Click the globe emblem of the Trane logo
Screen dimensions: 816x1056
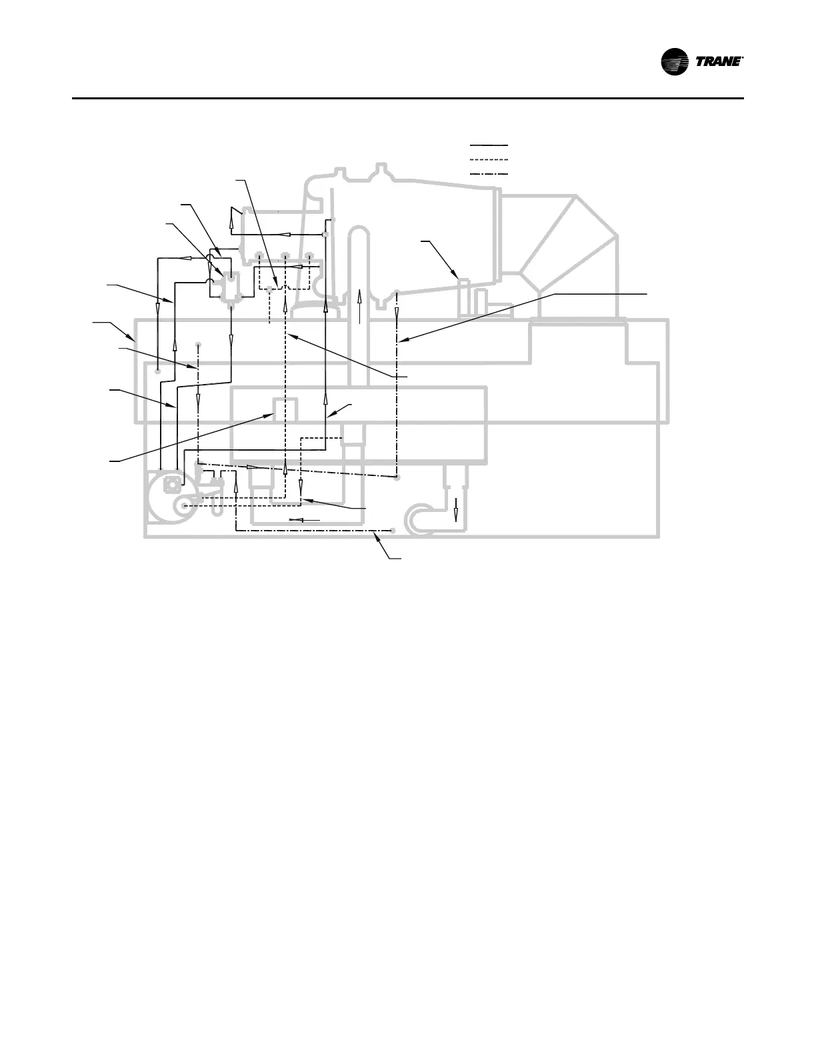675,62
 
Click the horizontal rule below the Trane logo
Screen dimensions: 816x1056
407,99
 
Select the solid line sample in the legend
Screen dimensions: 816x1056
489,144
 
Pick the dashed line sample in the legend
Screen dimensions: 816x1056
489,159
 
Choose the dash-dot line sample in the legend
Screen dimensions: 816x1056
489,174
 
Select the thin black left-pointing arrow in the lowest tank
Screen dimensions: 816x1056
304,519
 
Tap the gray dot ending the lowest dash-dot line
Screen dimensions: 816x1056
393,531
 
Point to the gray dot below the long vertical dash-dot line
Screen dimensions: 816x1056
397,477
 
